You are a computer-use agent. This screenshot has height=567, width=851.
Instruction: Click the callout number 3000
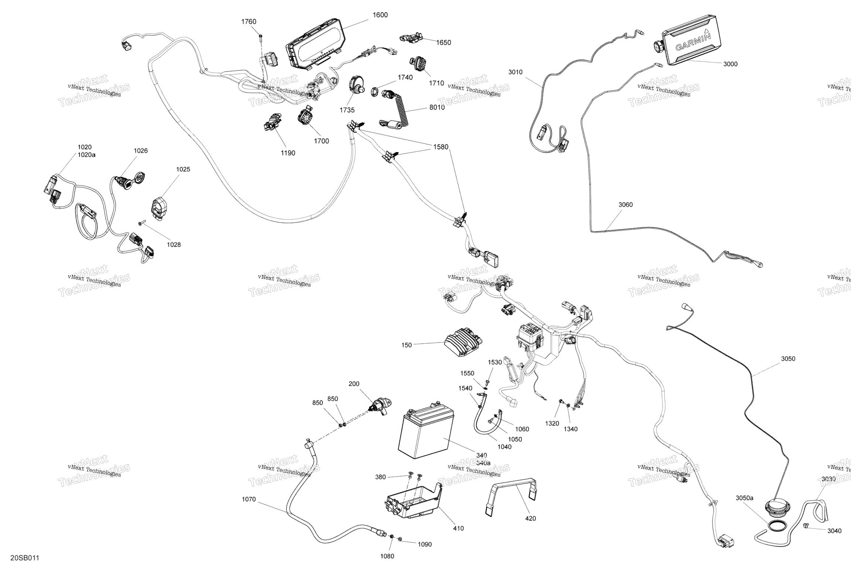pyautogui.click(x=730, y=64)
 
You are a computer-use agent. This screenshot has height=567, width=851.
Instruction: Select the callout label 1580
pyautogui.click(x=441, y=147)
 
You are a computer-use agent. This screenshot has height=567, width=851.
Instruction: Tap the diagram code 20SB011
pyautogui.click(x=25, y=557)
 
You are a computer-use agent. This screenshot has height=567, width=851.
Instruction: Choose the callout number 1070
pyautogui.click(x=249, y=499)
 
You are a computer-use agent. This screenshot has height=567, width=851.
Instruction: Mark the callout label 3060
pyautogui.click(x=625, y=205)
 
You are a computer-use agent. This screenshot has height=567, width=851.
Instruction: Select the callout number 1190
pyautogui.click(x=288, y=153)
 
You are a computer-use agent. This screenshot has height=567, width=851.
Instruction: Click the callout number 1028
pyautogui.click(x=174, y=245)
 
